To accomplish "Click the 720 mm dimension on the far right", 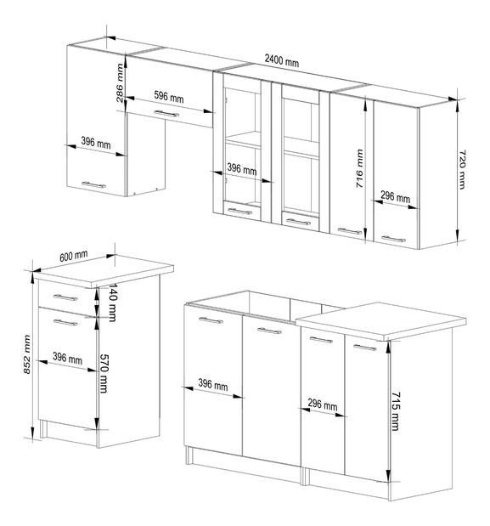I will click(464, 168).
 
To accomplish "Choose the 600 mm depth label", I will click(75, 255).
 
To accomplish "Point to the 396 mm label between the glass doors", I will click(241, 170).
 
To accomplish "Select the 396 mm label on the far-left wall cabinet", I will click(97, 144).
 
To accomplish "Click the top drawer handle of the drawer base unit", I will click(64, 297).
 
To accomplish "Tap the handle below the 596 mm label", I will click(167, 113).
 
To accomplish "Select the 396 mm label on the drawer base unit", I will click(68, 359).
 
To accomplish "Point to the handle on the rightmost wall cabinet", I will click(392, 239).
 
